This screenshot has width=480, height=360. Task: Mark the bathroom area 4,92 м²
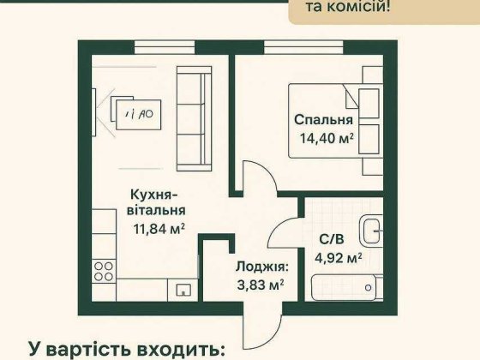point(336,255)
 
